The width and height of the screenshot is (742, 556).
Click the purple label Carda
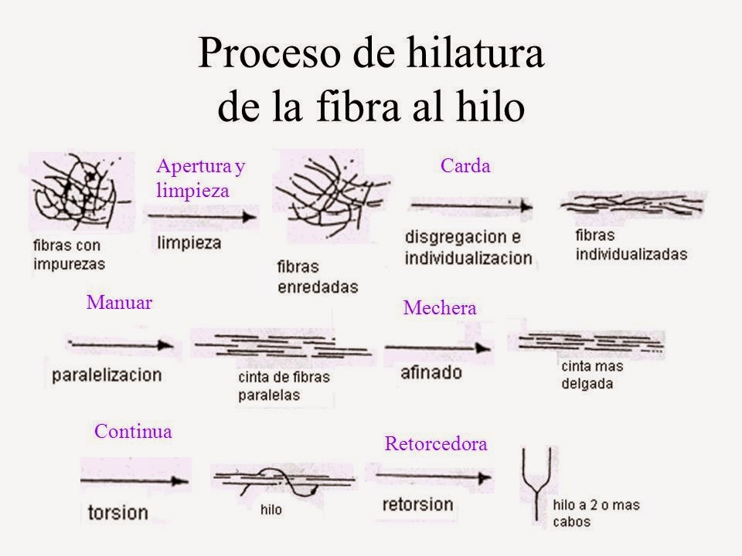[x=465, y=165]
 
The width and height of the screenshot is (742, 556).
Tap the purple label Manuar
[x=120, y=302]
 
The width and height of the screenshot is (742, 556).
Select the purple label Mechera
[x=440, y=308]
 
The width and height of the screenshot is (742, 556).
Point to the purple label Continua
[x=132, y=431]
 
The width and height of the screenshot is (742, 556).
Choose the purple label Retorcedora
[x=436, y=444]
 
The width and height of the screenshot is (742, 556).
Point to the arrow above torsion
[x=136, y=480]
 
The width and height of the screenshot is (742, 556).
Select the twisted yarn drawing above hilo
[x=282, y=481]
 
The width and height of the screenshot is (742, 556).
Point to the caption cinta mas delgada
[x=591, y=375]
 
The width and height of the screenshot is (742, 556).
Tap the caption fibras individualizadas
[x=631, y=244]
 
